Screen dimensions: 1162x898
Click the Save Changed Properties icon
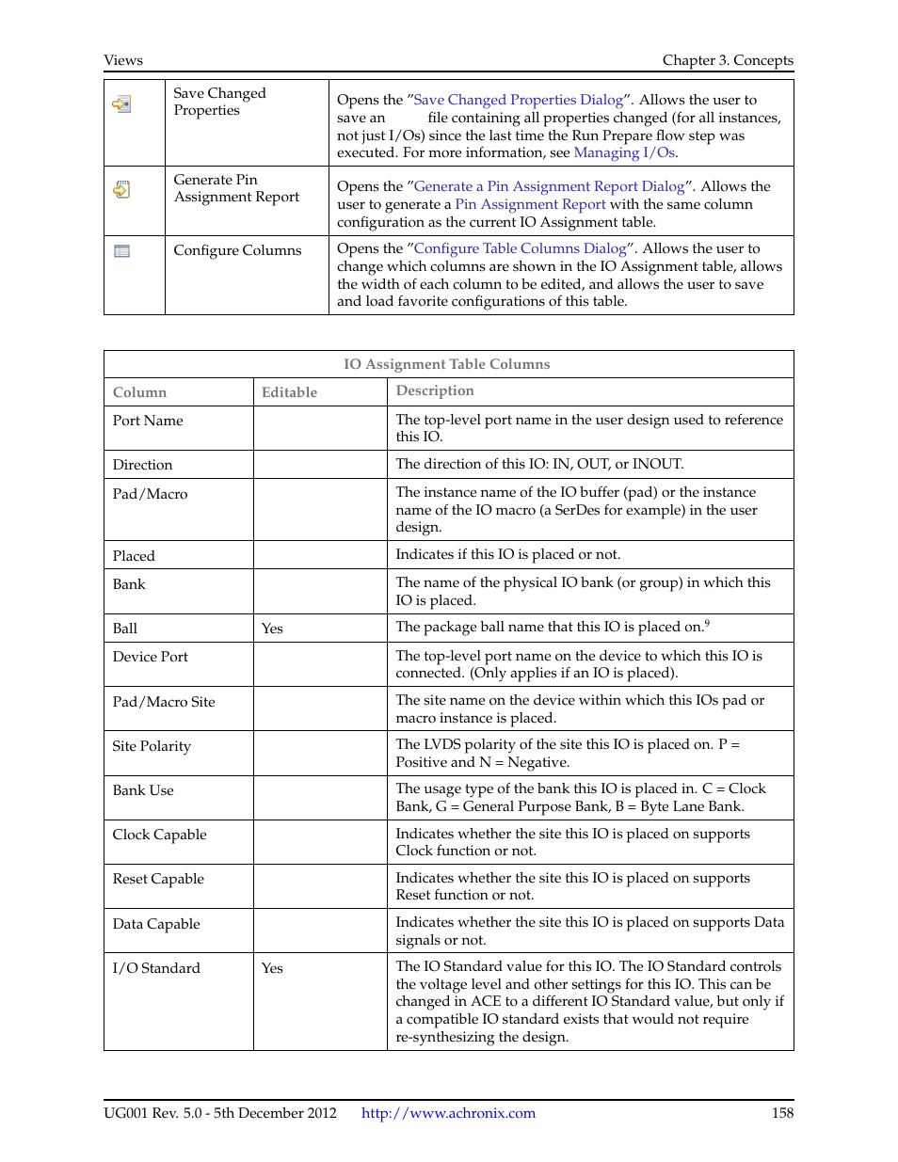click(121, 103)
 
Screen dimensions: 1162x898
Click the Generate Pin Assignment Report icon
click(121, 190)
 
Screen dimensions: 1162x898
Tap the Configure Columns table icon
click(121, 251)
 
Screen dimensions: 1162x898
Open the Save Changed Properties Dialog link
click(518, 100)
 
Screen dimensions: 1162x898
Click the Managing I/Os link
click(624, 152)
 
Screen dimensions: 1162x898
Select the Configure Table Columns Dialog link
click(520, 248)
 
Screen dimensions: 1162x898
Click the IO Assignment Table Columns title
click(447, 364)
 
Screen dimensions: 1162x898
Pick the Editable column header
click(289, 392)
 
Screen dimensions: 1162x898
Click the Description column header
click(435, 390)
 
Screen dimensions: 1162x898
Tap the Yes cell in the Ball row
click(272, 629)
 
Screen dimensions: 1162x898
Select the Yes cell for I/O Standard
click(272, 968)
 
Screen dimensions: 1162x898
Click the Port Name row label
click(148, 421)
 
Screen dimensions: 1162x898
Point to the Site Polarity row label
click(152, 746)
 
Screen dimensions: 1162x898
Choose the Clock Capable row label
click(159, 835)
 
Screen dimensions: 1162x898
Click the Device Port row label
click(151, 657)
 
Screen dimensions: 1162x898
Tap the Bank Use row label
click(143, 790)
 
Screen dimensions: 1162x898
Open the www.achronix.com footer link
click(448, 1113)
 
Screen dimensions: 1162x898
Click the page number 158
click(782, 1113)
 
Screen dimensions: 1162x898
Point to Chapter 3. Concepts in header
click(728, 60)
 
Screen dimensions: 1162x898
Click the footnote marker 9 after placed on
click(707, 623)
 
